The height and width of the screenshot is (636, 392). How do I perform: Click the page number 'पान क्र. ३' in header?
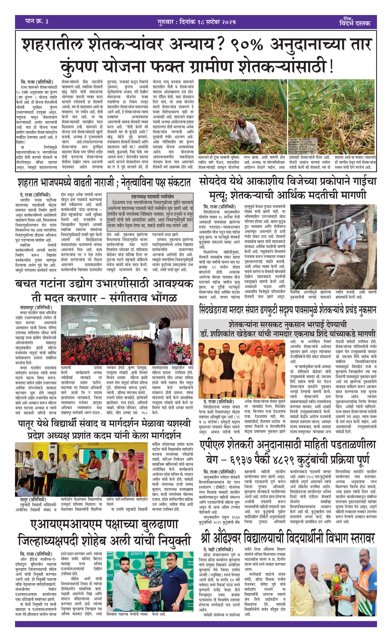pos(37,22)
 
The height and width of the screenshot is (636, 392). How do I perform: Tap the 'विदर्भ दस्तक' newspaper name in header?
pos(355,23)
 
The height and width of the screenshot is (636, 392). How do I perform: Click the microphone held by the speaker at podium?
pos(157,332)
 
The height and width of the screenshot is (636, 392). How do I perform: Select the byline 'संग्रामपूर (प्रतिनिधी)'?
pos(36,308)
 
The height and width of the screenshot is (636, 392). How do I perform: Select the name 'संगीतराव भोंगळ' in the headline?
pos(144,298)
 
